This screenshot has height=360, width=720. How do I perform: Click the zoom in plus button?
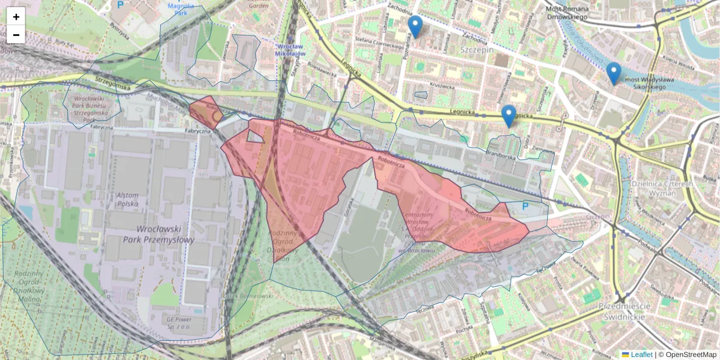point(16,17)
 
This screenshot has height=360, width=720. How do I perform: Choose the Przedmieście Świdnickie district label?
point(622,311)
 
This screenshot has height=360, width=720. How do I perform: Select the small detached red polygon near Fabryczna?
point(206,110)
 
